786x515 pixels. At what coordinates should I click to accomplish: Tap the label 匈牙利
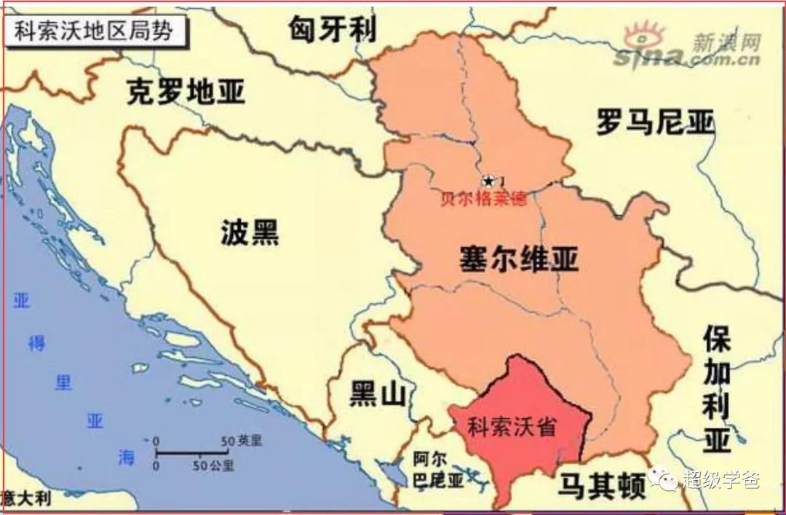[333, 28]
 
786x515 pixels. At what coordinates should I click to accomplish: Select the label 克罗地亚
[186, 93]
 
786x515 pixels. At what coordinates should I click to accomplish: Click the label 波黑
[250, 233]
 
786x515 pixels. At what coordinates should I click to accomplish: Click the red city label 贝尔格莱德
[483, 199]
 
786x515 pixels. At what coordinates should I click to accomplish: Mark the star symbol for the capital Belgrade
[488, 181]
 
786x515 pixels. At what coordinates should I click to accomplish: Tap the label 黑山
[377, 394]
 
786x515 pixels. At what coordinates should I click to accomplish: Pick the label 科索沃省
[512, 425]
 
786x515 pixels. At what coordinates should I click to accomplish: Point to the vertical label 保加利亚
[716, 390]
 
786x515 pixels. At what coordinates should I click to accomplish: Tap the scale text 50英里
[240, 441]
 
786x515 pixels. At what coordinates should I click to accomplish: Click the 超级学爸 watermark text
[721, 479]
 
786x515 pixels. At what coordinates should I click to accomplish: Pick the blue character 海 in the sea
[126, 457]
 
